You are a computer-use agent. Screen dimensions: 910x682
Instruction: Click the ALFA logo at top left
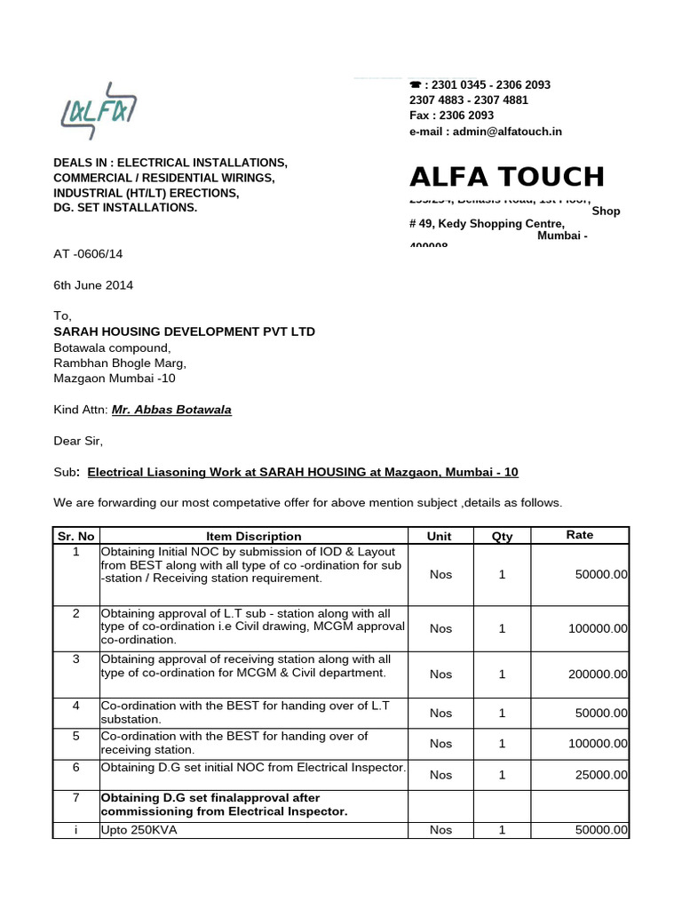tap(99, 111)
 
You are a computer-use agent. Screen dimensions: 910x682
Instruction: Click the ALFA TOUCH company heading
tap(506, 177)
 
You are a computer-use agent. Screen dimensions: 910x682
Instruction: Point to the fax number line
tap(451, 116)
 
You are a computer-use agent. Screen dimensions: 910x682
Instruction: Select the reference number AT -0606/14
tap(88, 254)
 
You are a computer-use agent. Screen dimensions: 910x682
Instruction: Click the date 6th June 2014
tap(93, 285)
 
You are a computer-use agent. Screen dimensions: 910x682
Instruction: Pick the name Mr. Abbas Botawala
tap(171, 410)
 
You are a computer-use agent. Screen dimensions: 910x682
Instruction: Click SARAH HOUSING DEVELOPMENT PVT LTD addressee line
tap(184, 331)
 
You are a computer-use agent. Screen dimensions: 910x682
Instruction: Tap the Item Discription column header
tap(253, 536)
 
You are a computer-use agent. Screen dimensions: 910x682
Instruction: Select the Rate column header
tap(579, 535)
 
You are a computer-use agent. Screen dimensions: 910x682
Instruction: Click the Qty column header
tap(502, 536)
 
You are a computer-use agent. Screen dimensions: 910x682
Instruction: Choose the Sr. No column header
tap(75, 536)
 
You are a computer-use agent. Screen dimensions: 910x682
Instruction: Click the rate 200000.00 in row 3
tap(598, 675)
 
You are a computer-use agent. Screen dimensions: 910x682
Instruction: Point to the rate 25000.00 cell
tap(601, 775)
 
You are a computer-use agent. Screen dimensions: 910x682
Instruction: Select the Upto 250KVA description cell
tap(139, 830)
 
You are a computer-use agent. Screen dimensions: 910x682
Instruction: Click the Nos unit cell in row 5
tap(440, 743)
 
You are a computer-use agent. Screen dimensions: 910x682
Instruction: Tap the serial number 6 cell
tap(76, 767)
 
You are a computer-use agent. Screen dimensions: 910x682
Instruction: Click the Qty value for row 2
tap(502, 628)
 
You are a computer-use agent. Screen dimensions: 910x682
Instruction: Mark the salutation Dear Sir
tap(78, 441)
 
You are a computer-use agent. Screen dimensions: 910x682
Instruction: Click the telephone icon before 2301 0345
tap(415, 85)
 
